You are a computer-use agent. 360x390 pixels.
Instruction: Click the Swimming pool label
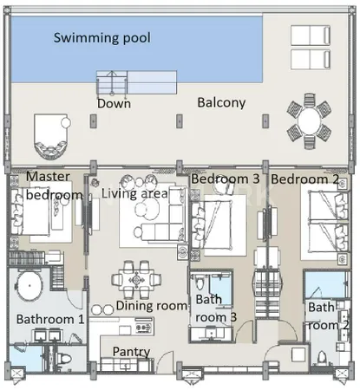[102, 38]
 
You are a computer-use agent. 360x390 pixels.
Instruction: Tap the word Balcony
[221, 103]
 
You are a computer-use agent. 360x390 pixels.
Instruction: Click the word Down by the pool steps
[114, 103]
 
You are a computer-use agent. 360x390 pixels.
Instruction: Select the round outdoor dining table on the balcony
[309, 121]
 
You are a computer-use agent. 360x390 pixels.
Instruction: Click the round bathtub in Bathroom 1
[29, 285]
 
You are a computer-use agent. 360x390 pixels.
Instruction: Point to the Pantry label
[131, 352]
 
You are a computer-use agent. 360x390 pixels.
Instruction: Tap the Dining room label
[152, 306]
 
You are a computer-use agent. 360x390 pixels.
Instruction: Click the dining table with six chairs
[136, 280]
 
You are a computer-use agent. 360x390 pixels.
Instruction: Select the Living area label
[134, 193]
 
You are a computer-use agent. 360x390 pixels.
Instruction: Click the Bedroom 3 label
[226, 179]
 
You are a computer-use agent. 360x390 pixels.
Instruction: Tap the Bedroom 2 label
[304, 179]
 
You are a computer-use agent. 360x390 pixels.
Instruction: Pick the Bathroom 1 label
[50, 320]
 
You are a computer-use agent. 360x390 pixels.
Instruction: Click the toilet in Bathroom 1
[64, 359]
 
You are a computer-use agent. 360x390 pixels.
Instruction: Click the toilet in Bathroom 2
[322, 358]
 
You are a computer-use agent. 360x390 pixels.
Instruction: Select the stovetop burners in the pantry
[143, 328]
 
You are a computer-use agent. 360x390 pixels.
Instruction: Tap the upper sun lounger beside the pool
[311, 36]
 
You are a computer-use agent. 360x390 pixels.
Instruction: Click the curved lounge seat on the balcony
[51, 136]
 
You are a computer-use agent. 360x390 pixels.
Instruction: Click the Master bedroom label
[54, 185]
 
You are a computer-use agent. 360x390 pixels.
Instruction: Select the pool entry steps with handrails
[112, 82]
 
